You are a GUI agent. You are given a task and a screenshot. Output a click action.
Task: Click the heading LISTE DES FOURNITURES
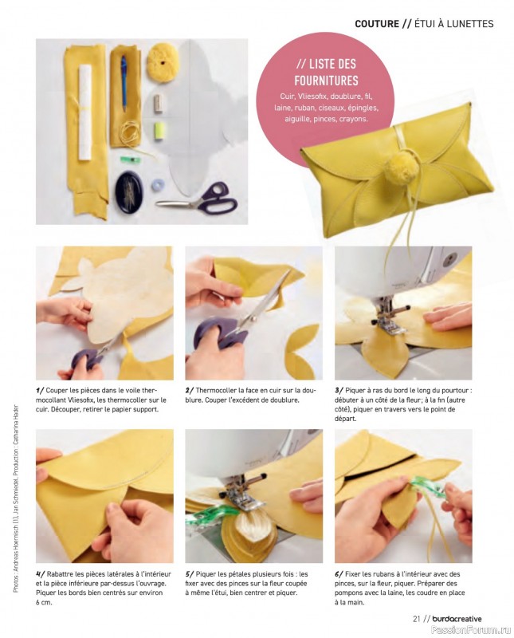[x=327, y=72]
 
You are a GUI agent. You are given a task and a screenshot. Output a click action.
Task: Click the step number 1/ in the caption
[x=40, y=390]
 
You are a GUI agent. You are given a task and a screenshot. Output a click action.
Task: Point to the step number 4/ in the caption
[x=40, y=573]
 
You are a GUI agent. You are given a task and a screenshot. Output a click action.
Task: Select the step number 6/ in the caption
[x=339, y=573]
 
